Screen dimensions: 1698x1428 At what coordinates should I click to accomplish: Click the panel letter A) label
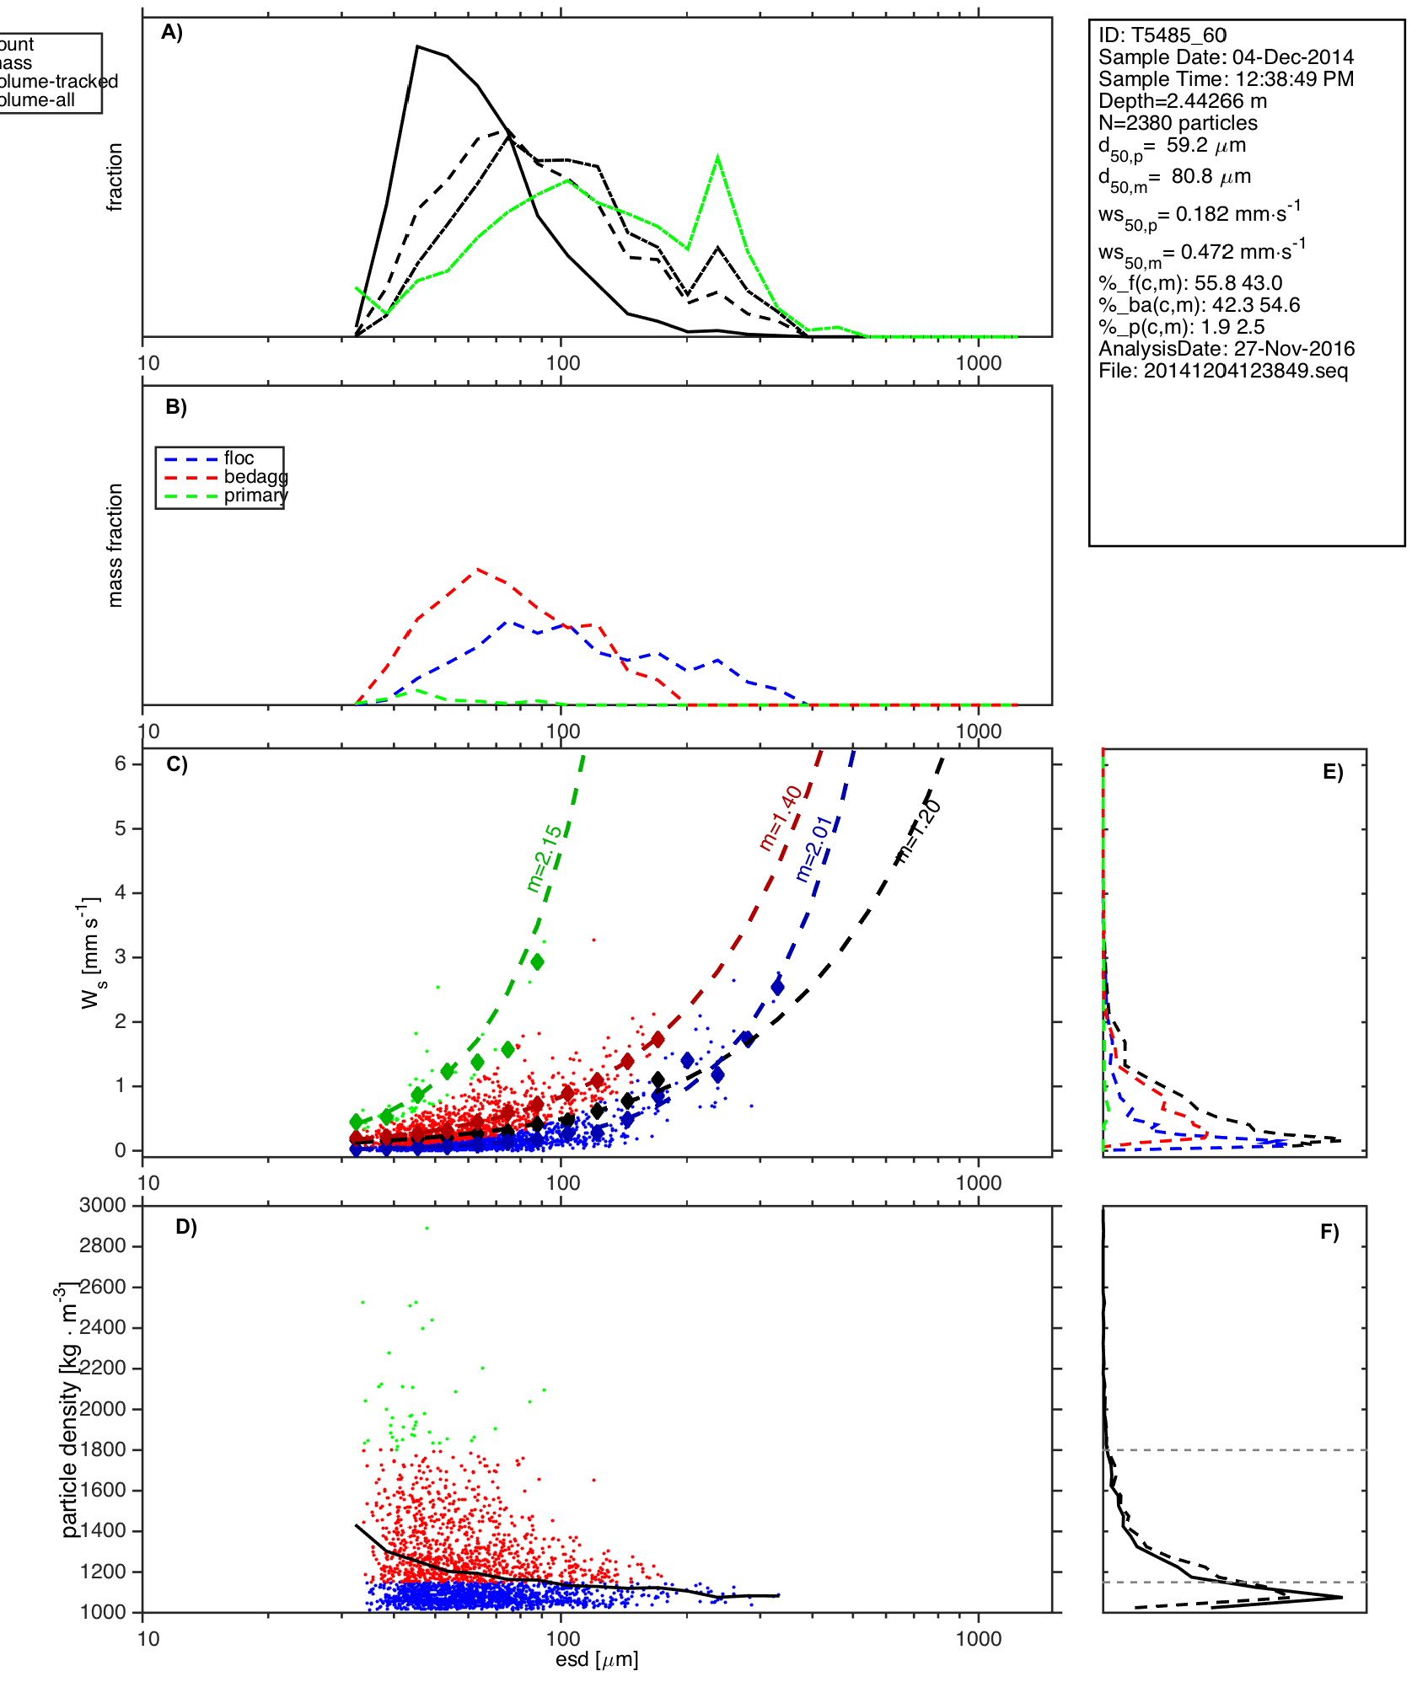click(172, 33)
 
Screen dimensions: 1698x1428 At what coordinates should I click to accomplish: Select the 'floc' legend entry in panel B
click(239, 458)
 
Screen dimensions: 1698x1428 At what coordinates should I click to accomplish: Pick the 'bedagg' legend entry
click(255, 477)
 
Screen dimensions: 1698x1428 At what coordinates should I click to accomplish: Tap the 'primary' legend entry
click(255, 495)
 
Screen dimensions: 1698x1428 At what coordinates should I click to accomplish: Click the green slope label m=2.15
click(544, 858)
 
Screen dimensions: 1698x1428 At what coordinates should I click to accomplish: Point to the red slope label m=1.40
click(780, 818)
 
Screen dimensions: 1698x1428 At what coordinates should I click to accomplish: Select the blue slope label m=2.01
click(814, 849)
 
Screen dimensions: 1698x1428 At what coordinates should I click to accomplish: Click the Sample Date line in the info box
click(1226, 57)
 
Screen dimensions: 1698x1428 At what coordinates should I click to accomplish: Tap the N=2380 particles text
click(1178, 123)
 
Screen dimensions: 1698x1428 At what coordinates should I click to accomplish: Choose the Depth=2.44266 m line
click(1182, 101)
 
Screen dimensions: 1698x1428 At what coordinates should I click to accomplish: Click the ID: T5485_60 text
click(1162, 35)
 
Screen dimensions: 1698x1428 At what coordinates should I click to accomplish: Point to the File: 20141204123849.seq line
click(1223, 371)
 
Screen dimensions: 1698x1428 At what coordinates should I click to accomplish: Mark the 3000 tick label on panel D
click(103, 1205)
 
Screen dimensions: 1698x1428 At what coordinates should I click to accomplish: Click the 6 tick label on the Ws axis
click(121, 763)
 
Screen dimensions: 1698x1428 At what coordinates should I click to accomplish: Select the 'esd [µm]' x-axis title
click(597, 1659)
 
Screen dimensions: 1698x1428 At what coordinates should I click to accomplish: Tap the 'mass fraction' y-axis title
click(115, 545)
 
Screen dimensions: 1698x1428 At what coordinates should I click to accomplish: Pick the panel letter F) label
click(1329, 1232)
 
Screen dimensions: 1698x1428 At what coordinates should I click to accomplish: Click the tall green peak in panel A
click(717, 158)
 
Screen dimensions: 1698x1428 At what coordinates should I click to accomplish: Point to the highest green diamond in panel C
click(537, 961)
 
